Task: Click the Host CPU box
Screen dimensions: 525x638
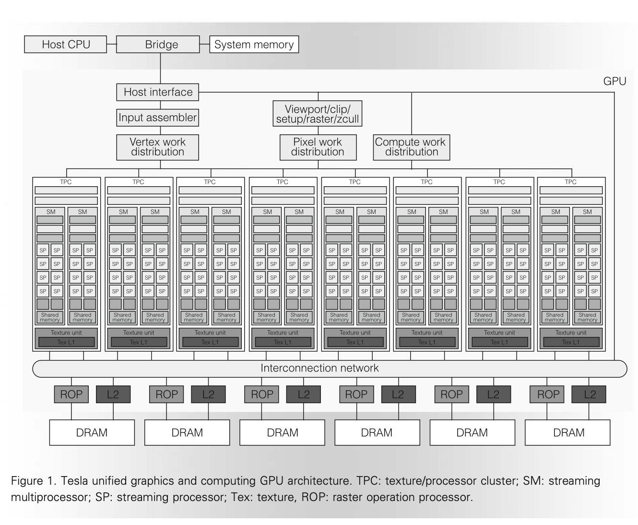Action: pyautogui.click(x=66, y=45)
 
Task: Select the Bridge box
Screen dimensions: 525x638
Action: pyautogui.click(x=161, y=45)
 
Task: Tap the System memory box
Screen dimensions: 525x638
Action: pyautogui.click(x=254, y=45)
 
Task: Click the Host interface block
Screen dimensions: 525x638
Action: pyautogui.click(x=158, y=92)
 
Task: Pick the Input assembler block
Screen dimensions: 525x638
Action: pyautogui.click(x=157, y=118)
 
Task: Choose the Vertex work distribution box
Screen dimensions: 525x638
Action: pyautogui.click(x=157, y=147)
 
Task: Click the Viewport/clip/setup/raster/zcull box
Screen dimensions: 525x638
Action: pyautogui.click(x=317, y=114)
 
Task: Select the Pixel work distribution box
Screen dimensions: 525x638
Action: pyautogui.click(x=318, y=147)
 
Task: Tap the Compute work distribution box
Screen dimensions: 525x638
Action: pyautogui.click(x=411, y=147)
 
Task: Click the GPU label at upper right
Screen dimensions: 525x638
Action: pyautogui.click(x=614, y=81)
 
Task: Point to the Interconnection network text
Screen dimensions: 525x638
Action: pyautogui.click(x=319, y=368)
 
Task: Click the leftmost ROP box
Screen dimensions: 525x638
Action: pyautogui.click(x=71, y=394)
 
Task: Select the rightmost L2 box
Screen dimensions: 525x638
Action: pyautogui.click(x=589, y=394)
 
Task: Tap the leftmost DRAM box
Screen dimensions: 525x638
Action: pyautogui.click(x=92, y=432)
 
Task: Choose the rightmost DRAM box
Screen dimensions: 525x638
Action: pyautogui.click(x=568, y=432)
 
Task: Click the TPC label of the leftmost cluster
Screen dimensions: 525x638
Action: pyautogui.click(x=66, y=182)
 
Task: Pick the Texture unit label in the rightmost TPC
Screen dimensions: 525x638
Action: pyautogui.click(x=571, y=333)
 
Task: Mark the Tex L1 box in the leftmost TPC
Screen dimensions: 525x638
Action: pyautogui.click(x=66, y=342)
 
